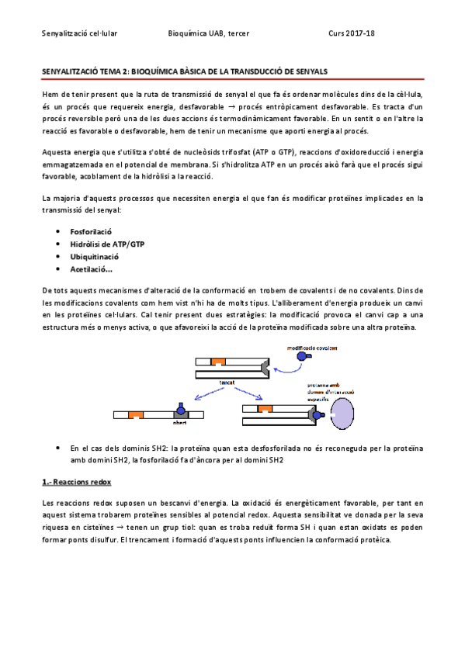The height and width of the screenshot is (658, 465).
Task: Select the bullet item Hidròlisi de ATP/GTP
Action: click(x=106, y=244)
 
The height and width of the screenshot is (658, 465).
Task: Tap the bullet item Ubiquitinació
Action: click(x=94, y=257)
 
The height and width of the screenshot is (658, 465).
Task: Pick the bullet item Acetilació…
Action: click(x=91, y=269)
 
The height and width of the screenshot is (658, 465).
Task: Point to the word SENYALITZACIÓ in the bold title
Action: click(x=71, y=71)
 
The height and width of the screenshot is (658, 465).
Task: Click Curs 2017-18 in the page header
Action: click(x=352, y=33)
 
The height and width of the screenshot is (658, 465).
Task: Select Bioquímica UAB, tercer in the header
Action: click(x=208, y=33)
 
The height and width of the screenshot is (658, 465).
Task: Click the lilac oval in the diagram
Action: click(x=342, y=411)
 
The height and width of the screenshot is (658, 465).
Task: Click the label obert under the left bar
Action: click(x=180, y=424)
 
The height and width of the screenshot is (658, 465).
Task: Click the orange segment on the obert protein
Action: click(x=135, y=415)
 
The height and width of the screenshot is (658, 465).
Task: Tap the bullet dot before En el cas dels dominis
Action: click(x=61, y=448)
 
